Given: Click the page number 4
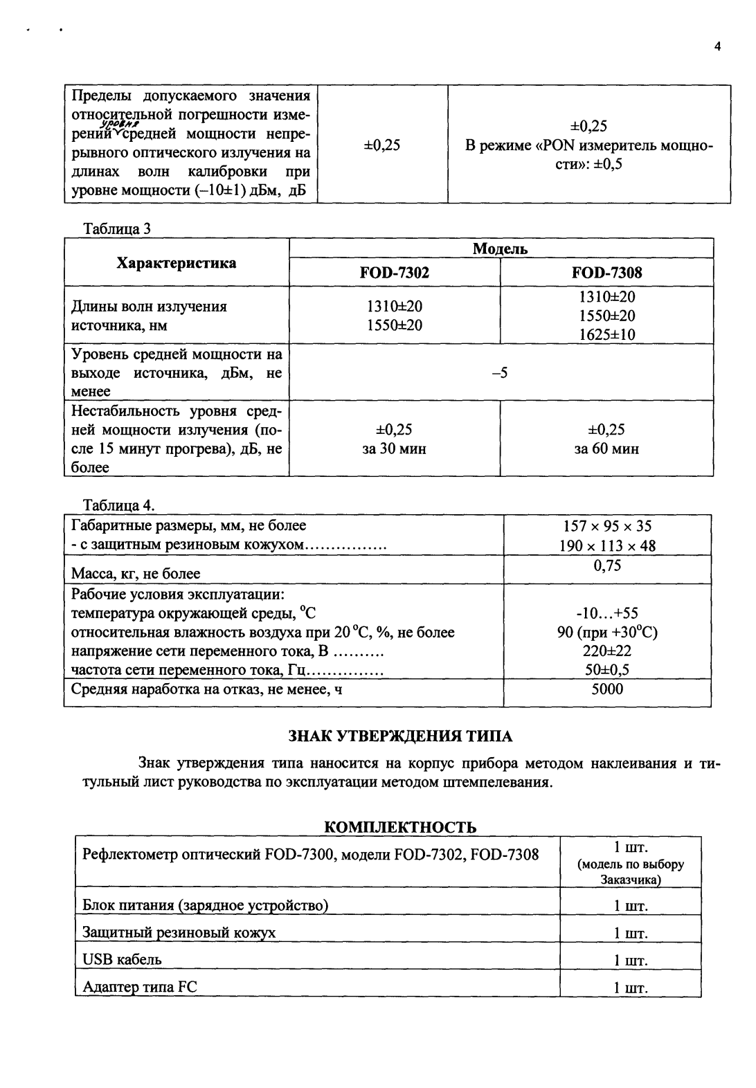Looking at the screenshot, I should [717, 47].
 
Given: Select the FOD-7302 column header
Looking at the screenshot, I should [394, 273].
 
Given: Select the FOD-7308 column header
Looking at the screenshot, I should [606, 273].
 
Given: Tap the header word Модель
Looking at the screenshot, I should [500, 249].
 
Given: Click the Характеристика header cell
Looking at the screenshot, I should [176, 263].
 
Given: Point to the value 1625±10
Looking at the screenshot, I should [606, 335].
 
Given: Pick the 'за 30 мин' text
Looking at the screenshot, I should [394, 449].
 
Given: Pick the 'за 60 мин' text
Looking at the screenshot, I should [606, 449].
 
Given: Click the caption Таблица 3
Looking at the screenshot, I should [116, 228].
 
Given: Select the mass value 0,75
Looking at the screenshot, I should [607, 566].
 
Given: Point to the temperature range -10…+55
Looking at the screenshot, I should [607, 613].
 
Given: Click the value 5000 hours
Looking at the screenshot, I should [607, 689].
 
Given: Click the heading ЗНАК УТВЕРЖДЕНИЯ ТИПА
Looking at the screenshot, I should [399, 735].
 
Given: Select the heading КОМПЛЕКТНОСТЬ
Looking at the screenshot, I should [400, 827].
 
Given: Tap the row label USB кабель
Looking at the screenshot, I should [122, 960].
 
